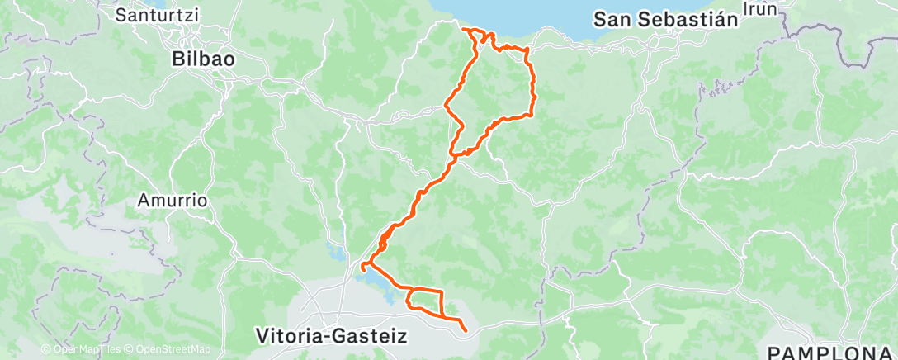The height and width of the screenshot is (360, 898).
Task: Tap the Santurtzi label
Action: (154, 14)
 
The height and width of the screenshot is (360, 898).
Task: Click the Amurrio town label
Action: (171, 200)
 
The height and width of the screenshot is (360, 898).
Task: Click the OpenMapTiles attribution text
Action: (83, 349)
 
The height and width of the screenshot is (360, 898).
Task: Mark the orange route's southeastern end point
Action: (466, 331)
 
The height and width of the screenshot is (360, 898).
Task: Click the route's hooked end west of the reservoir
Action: (362, 265)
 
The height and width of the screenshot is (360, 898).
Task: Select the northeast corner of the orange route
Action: (526, 51)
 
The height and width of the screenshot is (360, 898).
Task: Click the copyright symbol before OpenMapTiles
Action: (46, 349)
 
